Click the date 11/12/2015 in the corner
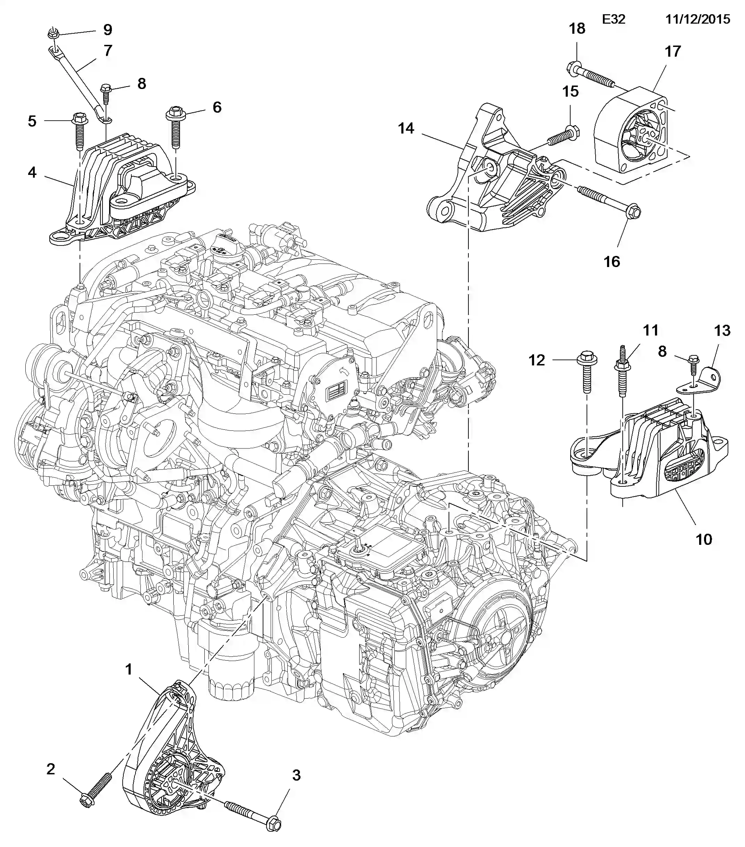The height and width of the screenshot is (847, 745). [697, 19]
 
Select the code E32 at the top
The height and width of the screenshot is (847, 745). [613, 19]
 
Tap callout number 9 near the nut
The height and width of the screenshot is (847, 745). [107, 30]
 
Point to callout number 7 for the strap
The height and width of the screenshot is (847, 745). [108, 50]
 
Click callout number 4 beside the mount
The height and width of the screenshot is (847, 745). [32, 172]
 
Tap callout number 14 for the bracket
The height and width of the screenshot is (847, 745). [406, 128]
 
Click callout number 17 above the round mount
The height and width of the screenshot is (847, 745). [672, 51]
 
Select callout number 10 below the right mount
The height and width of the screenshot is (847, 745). [704, 539]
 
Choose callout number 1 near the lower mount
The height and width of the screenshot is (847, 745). [129, 669]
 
